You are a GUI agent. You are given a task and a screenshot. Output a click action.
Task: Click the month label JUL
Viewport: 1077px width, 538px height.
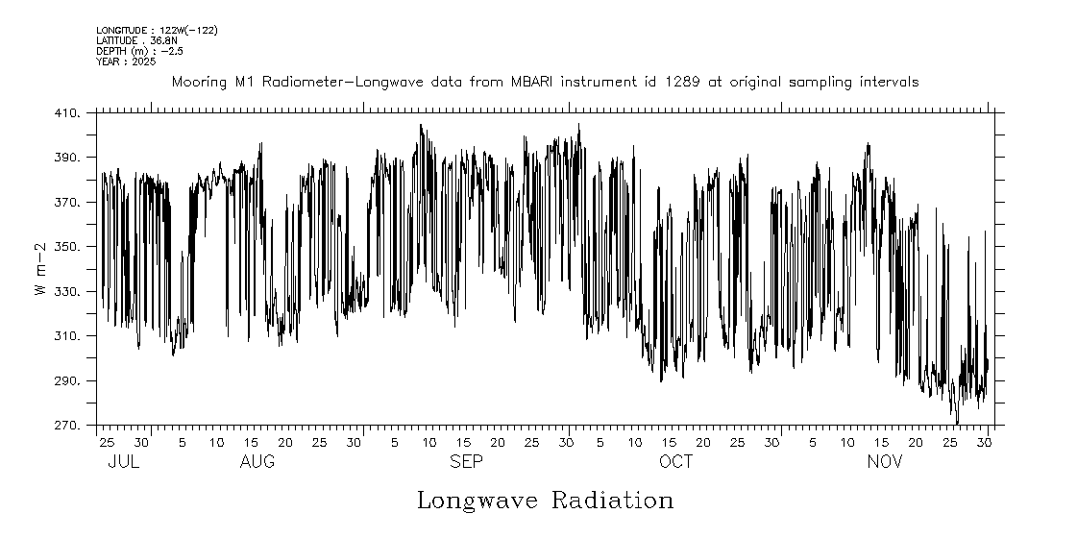(124, 462)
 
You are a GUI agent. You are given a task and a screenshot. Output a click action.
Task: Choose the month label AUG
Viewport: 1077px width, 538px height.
(257, 462)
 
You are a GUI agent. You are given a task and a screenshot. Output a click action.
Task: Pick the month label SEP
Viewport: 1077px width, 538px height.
(467, 462)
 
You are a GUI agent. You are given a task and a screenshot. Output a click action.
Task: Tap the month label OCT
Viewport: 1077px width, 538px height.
(675, 462)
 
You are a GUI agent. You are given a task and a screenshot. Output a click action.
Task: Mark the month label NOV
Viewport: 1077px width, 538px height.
(885, 462)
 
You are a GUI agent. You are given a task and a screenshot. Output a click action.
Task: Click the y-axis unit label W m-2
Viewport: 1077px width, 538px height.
(41, 269)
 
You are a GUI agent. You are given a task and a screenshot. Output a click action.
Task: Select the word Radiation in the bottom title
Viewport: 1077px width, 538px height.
(612, 501)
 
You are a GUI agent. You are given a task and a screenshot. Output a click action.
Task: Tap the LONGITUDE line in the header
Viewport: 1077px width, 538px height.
(157, 31)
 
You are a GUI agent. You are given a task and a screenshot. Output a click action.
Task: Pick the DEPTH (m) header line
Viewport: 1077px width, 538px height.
(135, 51)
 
